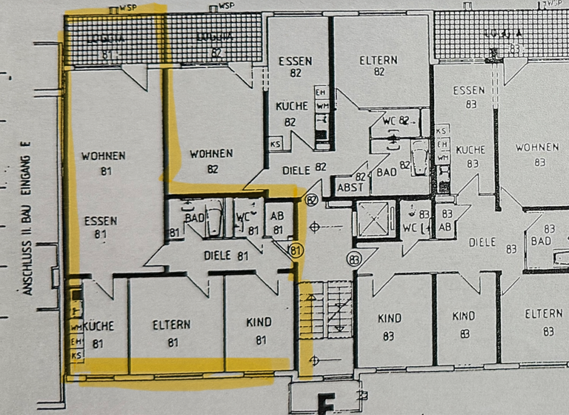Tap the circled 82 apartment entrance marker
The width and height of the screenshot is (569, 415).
pos(310,199)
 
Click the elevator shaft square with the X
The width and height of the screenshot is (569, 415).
pos(377,219)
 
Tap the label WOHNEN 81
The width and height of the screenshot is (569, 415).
pos(103,163)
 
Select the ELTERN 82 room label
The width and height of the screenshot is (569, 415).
pos(379,66)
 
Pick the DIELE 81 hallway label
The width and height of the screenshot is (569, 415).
pos(226,256)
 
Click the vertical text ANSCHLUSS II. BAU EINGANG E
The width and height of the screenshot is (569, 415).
pos(28,219)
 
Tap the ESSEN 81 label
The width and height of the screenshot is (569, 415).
pos(101,228)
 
